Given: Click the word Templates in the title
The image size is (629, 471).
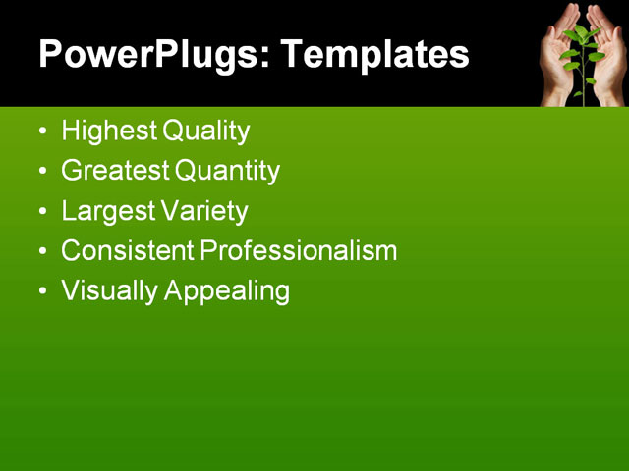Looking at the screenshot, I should [x=373, y=55].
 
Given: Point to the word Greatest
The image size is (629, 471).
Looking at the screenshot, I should [x=115, y=171].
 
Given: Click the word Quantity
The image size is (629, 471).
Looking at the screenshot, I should [x=228, y=172].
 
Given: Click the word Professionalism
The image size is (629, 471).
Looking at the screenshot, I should [x=299, y=251].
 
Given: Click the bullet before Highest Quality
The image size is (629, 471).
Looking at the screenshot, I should [x=41, y=131].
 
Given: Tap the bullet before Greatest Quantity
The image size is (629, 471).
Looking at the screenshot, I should [x=41, y=172].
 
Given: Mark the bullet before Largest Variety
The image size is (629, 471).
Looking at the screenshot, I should [x=41, y=212].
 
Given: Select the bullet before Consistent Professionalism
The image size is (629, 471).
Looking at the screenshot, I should [x=41, y=252].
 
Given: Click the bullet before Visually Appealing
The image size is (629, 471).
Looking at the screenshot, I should [x=41, y=292].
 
